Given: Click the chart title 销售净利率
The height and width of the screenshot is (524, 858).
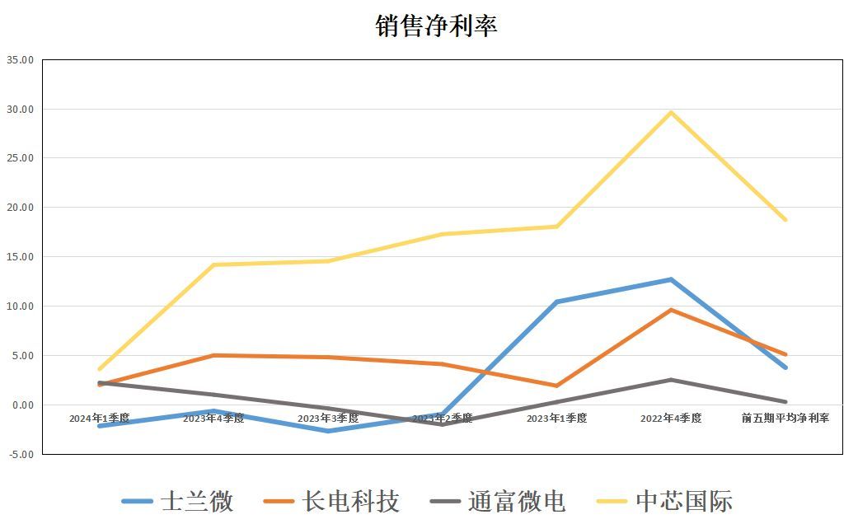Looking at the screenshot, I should coord(436,26).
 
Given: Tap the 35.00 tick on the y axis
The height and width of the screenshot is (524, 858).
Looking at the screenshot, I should coord(20,60).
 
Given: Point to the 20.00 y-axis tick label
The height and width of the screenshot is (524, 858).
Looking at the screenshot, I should coord(20,208).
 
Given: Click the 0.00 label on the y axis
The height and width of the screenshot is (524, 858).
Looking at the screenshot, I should coord(22,405).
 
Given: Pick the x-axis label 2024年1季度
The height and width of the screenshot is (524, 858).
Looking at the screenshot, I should coord(99,419).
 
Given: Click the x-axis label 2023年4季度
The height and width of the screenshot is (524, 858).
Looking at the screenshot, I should coord(213,419).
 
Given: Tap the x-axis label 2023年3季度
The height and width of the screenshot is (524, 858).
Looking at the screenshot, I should coord(328,419).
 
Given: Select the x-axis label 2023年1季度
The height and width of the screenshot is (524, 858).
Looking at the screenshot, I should coord(556,419).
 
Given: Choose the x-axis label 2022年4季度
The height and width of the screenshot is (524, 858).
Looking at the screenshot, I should coord(671,419).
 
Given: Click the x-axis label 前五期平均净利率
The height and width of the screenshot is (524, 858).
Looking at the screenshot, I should coord(785,419).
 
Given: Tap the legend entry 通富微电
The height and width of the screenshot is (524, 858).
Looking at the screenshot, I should coord(498,501).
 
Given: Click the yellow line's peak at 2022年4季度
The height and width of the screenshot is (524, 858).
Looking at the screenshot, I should coord(671,112).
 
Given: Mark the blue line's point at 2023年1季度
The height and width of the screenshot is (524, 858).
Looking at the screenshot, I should coord(556,302).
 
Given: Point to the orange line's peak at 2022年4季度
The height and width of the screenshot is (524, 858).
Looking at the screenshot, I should coord(671,310).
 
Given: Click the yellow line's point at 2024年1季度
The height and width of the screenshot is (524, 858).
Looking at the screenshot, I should coord(100,369).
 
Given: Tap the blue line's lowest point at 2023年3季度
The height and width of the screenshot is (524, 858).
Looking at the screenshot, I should coord(328,431).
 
